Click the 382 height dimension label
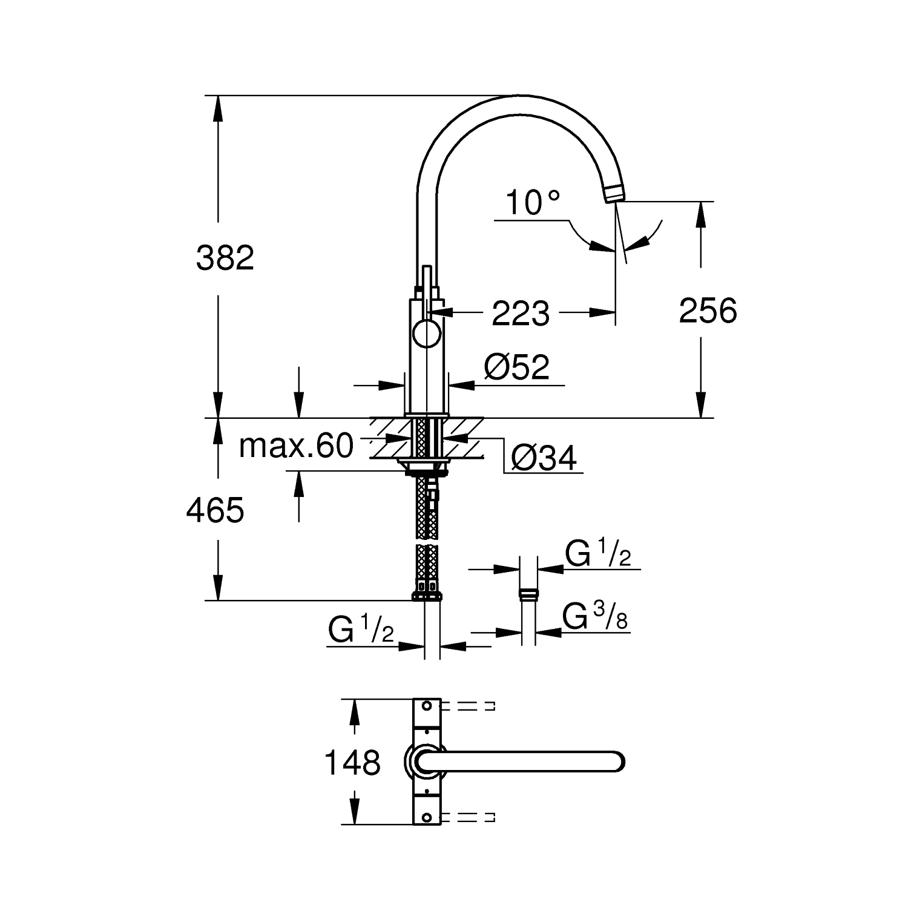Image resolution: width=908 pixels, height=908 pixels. coord(225,258)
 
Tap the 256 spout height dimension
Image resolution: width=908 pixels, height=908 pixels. coord(708,311)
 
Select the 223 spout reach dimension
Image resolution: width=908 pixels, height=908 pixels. coord(521,313)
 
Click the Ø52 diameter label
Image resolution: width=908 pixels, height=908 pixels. coord(517,367)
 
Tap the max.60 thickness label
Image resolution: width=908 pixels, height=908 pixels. coord(296,447)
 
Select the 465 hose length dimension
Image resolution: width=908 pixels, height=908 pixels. coord(215,510)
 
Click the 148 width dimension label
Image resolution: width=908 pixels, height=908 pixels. coord(352,762)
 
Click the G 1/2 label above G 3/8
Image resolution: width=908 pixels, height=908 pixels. coord(598,553)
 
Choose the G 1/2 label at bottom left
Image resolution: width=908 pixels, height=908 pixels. coord(361,630)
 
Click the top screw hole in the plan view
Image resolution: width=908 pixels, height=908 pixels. coord(427,706)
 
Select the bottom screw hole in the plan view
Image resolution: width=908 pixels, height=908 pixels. coord(427,818)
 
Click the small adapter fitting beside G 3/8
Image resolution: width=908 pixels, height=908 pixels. coord(528,593)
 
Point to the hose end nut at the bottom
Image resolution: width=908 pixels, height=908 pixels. coord(427,596)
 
